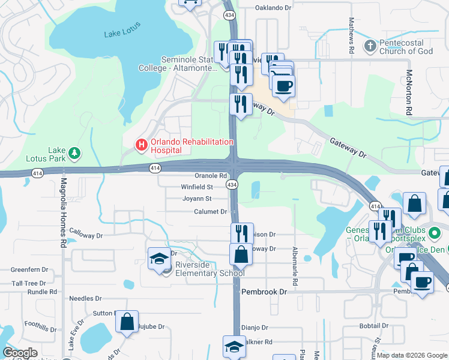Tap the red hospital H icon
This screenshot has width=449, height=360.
coord(142,145)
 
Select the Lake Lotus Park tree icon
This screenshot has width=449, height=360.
coord(74,154)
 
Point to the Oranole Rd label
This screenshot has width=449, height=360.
coord(210,176)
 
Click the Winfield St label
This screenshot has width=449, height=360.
coord(197,187)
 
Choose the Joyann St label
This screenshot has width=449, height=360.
coord(197,199)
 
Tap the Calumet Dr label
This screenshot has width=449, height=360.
coord(210,212)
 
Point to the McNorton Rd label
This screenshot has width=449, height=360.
coord(409,92)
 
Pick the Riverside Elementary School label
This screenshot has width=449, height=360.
coord(209,269)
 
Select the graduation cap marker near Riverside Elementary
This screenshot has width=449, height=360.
coord(159,258)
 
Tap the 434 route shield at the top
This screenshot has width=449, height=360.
coord(229,13)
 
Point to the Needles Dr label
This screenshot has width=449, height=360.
coord(86,298)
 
